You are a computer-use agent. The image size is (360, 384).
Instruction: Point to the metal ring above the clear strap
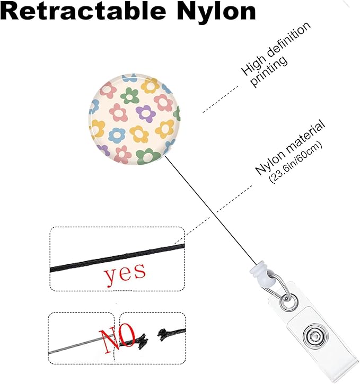(x=287, y=302)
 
